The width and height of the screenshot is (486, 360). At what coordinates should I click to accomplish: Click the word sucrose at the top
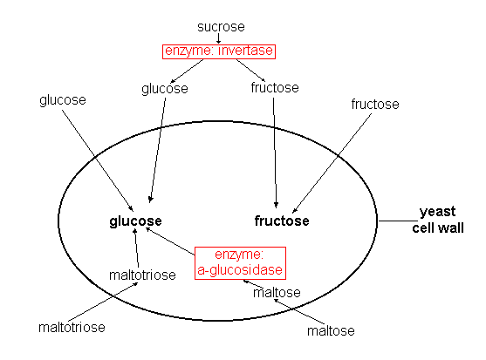pos(221,27)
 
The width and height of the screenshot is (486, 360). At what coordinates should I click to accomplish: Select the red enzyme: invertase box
pos(219,51)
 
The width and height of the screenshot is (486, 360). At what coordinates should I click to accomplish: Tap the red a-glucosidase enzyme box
pos(240,263)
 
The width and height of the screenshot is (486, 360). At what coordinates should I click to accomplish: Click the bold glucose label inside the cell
pos(135,221)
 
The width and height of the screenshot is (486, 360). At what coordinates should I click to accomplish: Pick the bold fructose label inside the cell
pos(282,221)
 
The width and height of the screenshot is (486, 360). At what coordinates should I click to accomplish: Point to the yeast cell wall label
pos(438,220)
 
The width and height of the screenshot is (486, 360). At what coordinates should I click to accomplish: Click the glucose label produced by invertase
pos(165,89)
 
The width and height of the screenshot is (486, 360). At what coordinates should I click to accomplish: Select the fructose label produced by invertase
pos(275,88)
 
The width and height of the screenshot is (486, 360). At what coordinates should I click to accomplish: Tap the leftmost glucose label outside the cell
pos(63,100)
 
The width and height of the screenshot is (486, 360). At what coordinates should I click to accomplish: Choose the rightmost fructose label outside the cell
pos(375,105)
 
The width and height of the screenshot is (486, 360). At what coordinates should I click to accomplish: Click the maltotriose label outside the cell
pos(72,328)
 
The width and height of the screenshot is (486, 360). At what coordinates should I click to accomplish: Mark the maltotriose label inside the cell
pos(142,275)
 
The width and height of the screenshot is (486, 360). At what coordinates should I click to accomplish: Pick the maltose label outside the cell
pos(331,331)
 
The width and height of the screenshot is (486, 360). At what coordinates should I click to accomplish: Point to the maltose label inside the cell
pos(277,293)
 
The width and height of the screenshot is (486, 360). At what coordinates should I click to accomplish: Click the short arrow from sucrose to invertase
pos(218,38)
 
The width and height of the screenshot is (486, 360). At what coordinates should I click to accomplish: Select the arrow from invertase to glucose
pos(188,71)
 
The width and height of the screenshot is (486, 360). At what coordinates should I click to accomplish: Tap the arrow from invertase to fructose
pos(250,71)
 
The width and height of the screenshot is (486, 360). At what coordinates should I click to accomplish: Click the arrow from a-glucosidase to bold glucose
pos(170,241)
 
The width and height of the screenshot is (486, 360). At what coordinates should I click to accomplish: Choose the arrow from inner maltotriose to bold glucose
pos(136,248)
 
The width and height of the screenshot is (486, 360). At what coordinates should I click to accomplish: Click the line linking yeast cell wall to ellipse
pos(398,221)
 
